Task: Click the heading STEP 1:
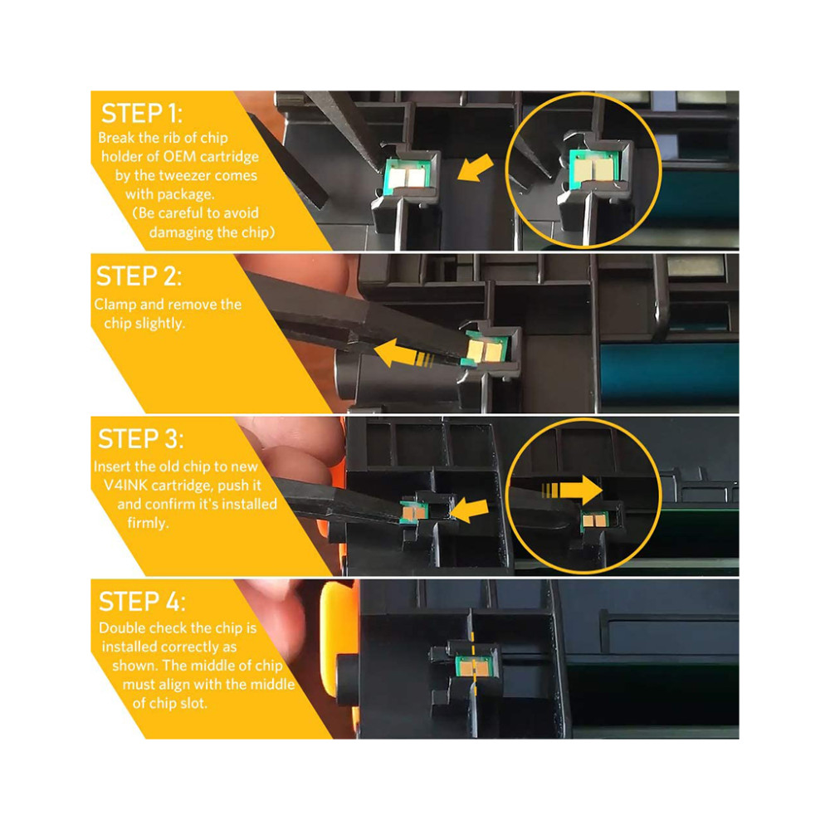pos(142,114)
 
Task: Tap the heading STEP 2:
pos(139,276)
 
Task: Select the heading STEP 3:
pos(141,439)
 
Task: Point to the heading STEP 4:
pos(143,602)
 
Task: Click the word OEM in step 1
pos(180,157)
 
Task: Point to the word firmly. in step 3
pos(149,524)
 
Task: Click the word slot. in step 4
pos(192,704)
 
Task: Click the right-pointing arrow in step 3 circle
pos(572,491)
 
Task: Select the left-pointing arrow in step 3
pos(469,510)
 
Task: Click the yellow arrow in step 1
pos(476,168)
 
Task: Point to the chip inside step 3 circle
pos(595,521)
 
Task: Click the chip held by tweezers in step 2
pos(484,349)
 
